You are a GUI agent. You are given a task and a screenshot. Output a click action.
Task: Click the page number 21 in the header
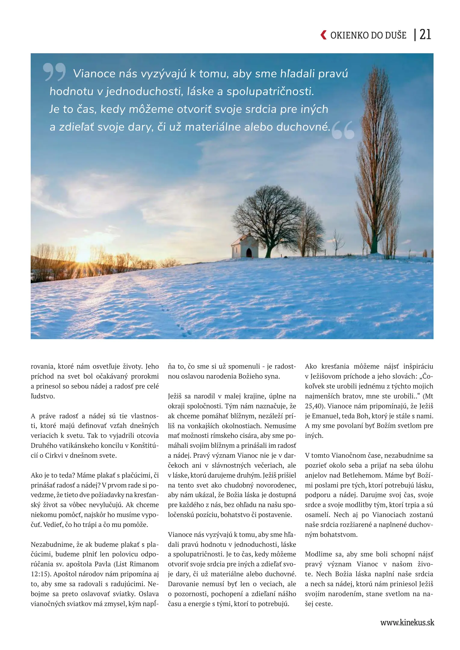pos(425,35)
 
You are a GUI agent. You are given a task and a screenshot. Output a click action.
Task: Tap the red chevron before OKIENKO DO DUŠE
pos(323,35)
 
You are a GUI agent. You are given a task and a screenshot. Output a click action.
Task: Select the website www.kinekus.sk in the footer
pos(407,622)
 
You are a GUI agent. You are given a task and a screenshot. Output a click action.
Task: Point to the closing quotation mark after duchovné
pos(343,130)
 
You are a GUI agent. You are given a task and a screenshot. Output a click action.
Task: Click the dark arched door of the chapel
pos(249,253)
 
